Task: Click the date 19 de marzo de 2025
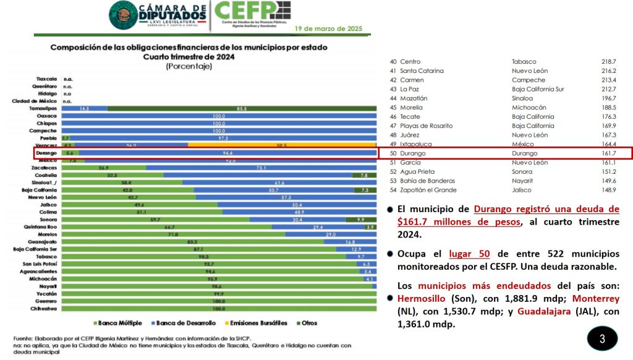point(329,28)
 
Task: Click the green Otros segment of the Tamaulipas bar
point(242,109)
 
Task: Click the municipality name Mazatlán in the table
point(413,98)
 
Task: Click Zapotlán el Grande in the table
point(428,190)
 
